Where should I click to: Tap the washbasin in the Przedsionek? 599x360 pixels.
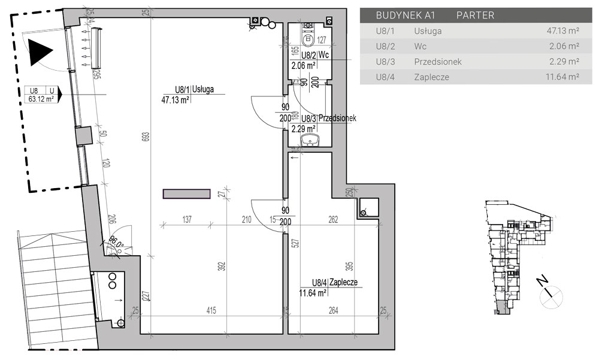tap(310, 140)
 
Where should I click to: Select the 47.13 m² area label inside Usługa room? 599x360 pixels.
tap(176, 100)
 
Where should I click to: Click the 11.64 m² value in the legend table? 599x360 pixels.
tap(562, 77)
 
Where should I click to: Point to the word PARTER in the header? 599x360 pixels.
tap(475, 16)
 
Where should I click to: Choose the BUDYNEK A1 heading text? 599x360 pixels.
tap(406, 16)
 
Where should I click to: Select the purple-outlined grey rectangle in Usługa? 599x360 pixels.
tap(187, 193)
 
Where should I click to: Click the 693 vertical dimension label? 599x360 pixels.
tap(146, 137)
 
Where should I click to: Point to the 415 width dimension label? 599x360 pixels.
tap(211, 310)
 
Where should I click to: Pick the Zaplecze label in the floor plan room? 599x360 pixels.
tap(343, 282)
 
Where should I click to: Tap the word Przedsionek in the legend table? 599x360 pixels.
tap(438, 62)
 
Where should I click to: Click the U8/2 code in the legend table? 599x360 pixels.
tap(385, 46)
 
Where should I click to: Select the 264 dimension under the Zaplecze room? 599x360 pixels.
tap(334, 310)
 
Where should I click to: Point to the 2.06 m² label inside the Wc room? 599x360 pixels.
tap(303, 66)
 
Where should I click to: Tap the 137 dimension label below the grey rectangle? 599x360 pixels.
tap(187, 219)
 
